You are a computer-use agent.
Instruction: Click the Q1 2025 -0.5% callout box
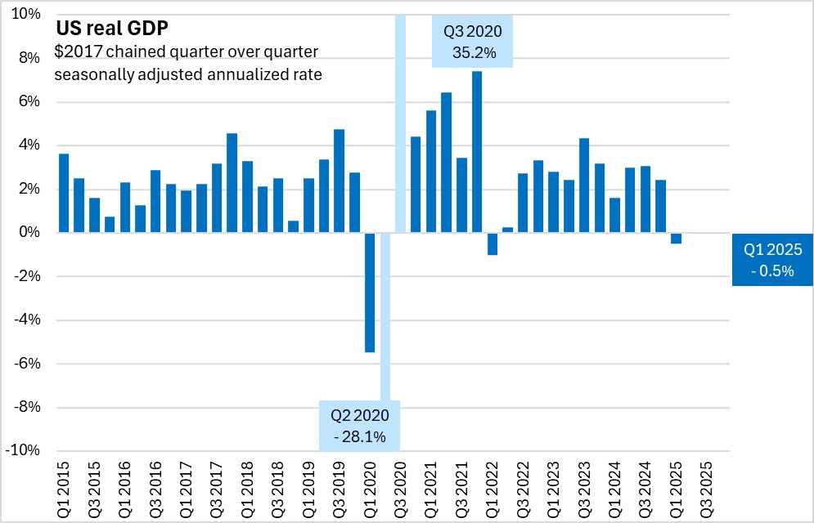(x=771, y=260)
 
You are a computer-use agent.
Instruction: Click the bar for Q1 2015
(x=64, y=194)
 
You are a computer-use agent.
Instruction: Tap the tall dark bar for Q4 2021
(x=477, y=152)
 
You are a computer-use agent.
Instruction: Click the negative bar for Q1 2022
(x=492, y=244)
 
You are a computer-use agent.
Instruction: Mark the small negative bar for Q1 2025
(x=676, y=238)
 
